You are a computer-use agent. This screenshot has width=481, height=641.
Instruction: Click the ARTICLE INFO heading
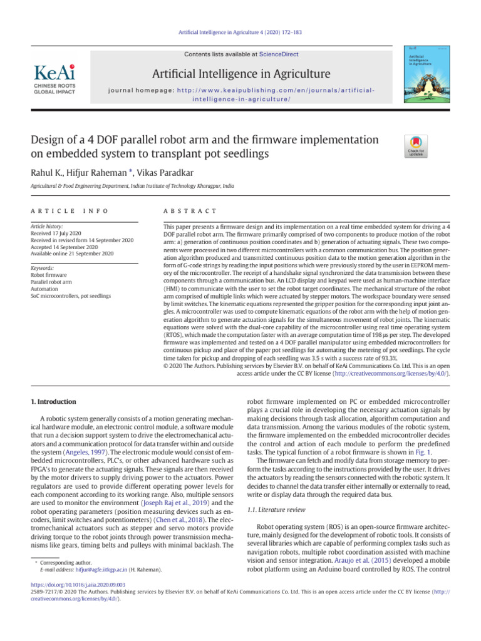70,212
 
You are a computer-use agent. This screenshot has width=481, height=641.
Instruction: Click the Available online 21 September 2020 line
72,254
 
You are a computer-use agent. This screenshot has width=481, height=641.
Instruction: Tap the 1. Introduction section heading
54,401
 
